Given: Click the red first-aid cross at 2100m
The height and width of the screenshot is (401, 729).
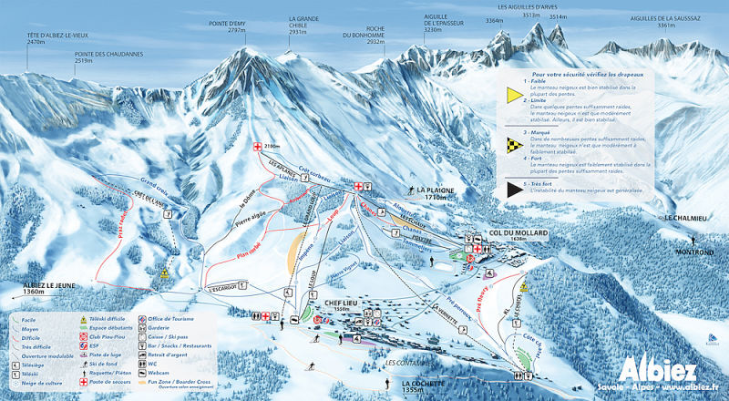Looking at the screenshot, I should (257, 147).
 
